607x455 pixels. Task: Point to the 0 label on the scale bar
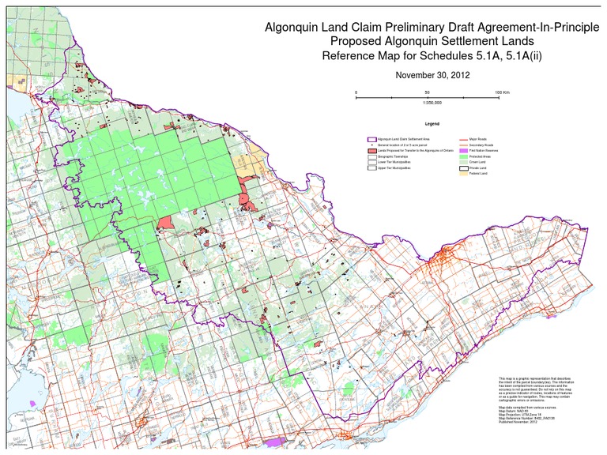pyautogui.click(x=356, y=92)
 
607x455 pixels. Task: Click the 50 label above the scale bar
pyautogui.click(x=427, y=92)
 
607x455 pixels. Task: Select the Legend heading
pyautogui.click(x=432, y=125)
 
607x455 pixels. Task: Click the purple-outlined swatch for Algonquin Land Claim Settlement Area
pyautogui.click(x=371, y=138)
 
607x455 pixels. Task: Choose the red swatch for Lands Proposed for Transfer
pyautogui.click(x=371, y=150)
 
